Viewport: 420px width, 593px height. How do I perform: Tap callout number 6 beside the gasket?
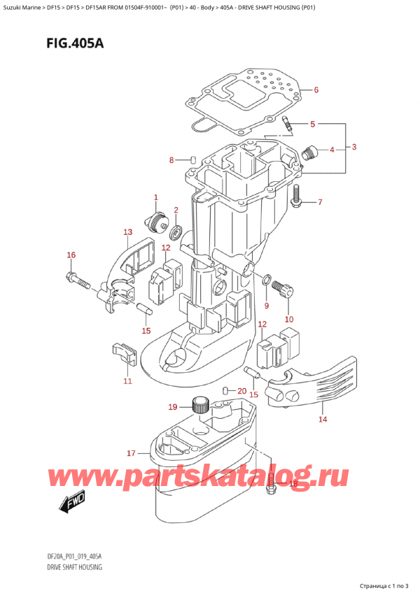coord(316,90)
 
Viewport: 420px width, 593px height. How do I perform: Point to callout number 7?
coord(319,203)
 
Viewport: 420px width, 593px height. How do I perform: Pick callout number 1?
coord(155,198)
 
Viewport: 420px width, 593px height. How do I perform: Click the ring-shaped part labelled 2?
coord(176,231)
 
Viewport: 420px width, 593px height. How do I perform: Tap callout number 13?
coord(127,232)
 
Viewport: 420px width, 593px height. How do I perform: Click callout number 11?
coord(127,381)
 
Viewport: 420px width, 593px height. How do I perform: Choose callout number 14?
coord(323,420)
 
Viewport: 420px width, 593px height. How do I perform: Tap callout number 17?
coord(130,454)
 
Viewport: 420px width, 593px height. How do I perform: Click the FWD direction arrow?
coord(72,505)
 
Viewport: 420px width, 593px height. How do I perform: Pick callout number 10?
coord(289,320)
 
